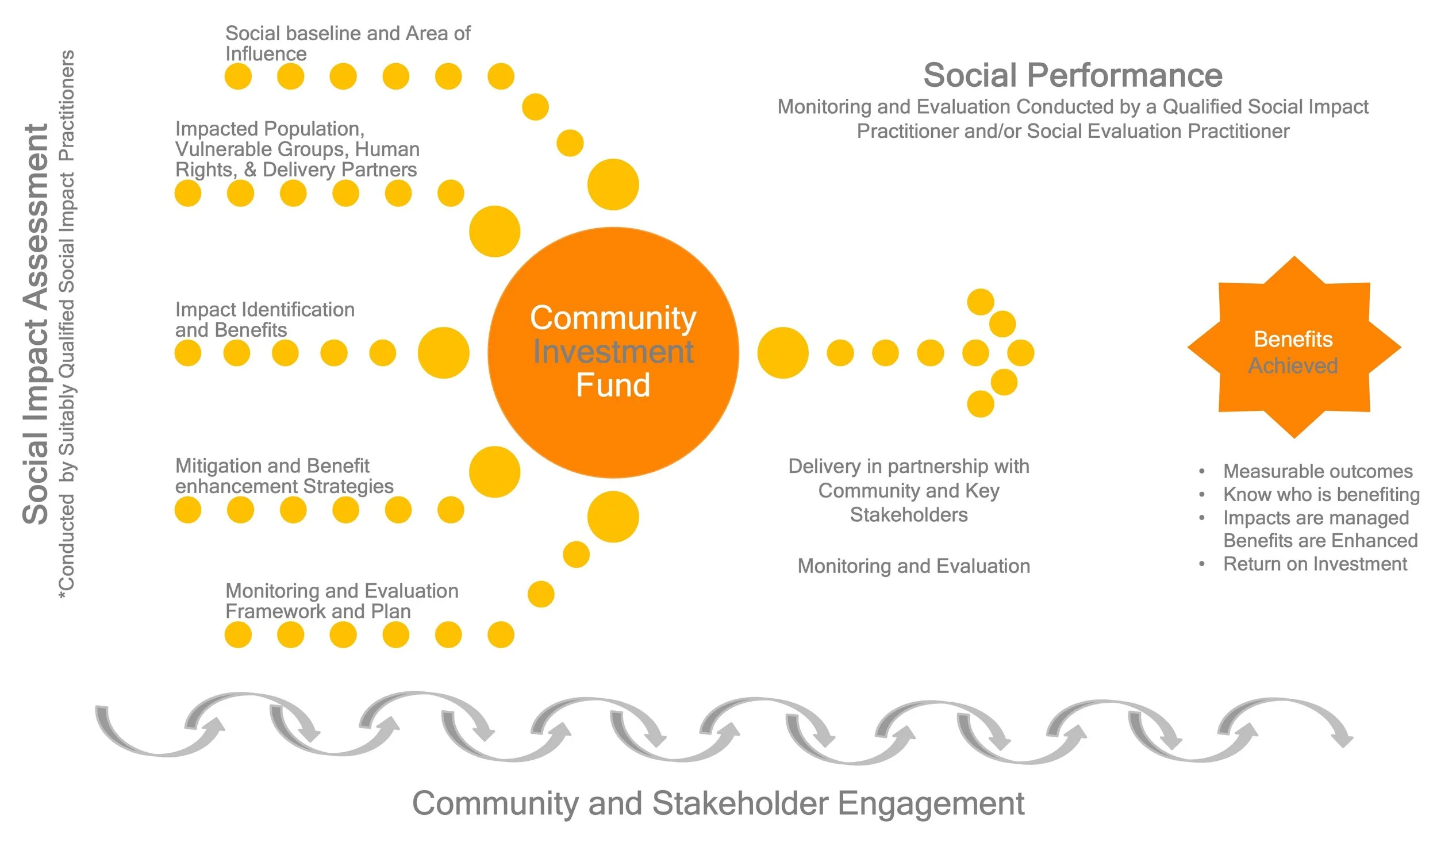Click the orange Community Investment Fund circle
[613, 352]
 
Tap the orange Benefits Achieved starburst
[1294, 347]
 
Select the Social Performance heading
[1073, 75]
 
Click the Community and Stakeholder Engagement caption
[718, 803]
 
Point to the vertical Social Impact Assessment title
[36, 324]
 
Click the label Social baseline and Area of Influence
[348, 43]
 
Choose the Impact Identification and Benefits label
[265, 320]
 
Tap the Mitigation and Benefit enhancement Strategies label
[285, 476]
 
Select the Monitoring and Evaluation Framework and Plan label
[342, 601]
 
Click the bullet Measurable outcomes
[1317, 471]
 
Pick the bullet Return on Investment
[1315, 564]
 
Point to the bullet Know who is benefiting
[1321, 494]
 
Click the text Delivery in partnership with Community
[909, 478]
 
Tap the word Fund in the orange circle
[613, 385]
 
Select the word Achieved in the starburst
[1293, 365]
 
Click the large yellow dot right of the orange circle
[783, 353]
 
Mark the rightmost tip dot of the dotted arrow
[1021, 353]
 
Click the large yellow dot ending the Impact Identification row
[443, 353]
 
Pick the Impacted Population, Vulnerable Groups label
[298, 149]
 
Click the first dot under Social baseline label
[238, 76]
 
